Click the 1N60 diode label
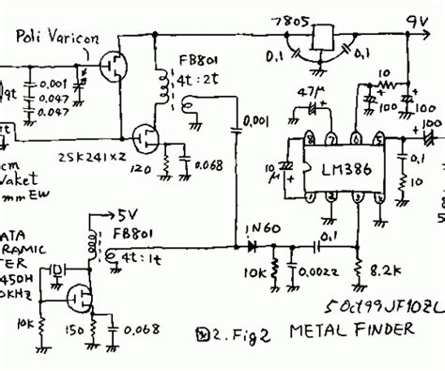(249, 227)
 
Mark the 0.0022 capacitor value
(317, 273)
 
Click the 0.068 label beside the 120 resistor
(209, 167)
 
